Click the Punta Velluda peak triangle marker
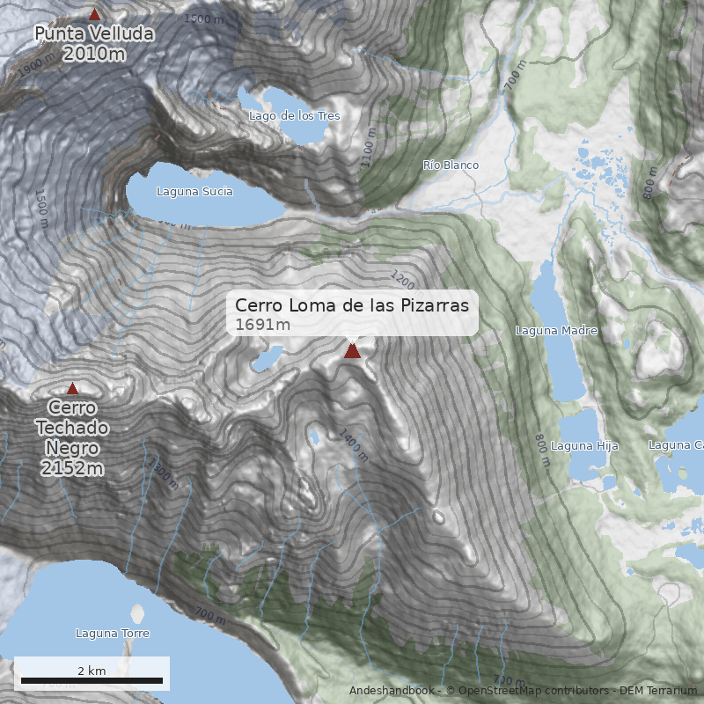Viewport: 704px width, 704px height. [x=94, y=14]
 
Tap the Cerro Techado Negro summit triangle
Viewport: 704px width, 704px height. [x=72, y=388]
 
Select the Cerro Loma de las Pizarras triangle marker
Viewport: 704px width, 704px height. [x=352, y=351]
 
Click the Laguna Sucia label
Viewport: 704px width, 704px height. [x=194, y=191]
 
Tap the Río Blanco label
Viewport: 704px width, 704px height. [x=451, y=165]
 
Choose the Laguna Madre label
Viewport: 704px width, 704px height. [x=556, y=331]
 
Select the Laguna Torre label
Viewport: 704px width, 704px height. [x=112, y=634]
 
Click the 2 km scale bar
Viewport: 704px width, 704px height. [x=92, y=680]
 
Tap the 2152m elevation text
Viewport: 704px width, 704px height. [x=72, y=468]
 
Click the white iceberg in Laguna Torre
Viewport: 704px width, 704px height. [x=136, y=615]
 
